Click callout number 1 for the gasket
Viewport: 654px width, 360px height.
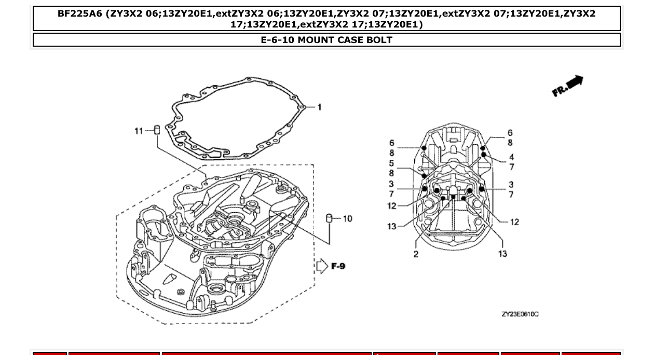click(319, 107)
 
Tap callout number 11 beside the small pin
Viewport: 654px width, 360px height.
click(139, 131)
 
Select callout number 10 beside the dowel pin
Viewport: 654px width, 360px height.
click(347, 219)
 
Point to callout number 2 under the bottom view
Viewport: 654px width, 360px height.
click(416, 254)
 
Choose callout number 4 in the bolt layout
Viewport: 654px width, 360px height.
click(511, 157)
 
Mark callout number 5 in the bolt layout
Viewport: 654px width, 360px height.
click(391, 163)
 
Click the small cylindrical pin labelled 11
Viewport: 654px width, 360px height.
click(156, 129)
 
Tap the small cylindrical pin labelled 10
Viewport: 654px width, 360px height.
click(329, 218)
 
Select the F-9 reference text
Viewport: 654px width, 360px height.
click(338, 267)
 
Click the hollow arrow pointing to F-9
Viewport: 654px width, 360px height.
click(322, 266)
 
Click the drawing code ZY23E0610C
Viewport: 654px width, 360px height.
click(520, 314)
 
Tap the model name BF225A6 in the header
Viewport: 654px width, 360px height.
click(79, 14)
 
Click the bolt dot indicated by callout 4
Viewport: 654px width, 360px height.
click(484, 155)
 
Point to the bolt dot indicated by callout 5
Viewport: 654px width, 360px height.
click(425, 176)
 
